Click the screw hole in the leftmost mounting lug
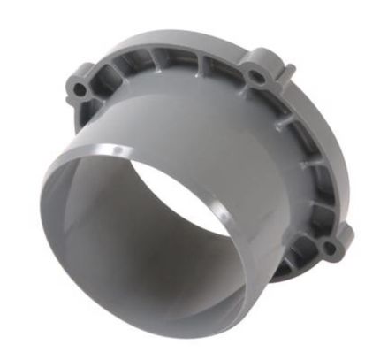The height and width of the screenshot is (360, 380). click(82, 89)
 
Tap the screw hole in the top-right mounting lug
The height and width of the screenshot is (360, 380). click(256, 78)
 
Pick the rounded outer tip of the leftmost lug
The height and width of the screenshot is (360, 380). click(69, 88)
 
